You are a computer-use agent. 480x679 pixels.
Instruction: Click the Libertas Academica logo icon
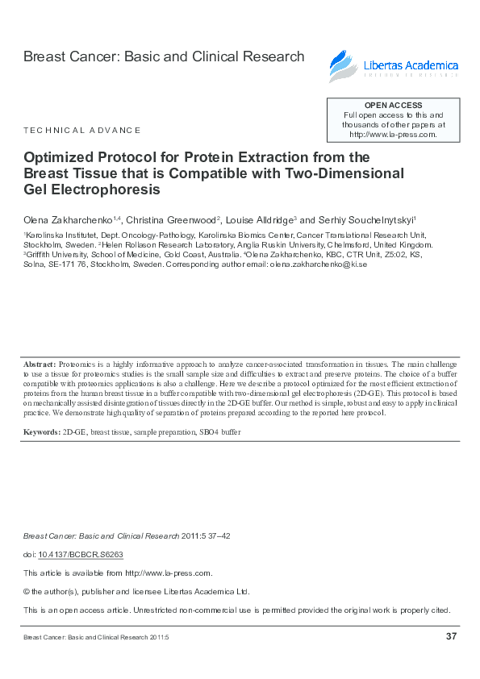tap(340, 64)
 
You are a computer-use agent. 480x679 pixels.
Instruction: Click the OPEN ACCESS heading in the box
tap(393, 106)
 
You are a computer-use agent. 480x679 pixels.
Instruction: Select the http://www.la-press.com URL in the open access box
tap(393, 135)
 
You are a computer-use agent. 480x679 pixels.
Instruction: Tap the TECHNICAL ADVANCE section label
tap(82, 130)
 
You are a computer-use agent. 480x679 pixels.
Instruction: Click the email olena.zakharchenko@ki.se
tap(319, 265)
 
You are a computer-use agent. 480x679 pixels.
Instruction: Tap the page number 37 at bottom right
tap(451, 637)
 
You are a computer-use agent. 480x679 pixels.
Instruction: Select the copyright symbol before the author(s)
tap(27, 591)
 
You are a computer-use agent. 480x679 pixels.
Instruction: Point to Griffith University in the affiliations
tap(55, 254)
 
